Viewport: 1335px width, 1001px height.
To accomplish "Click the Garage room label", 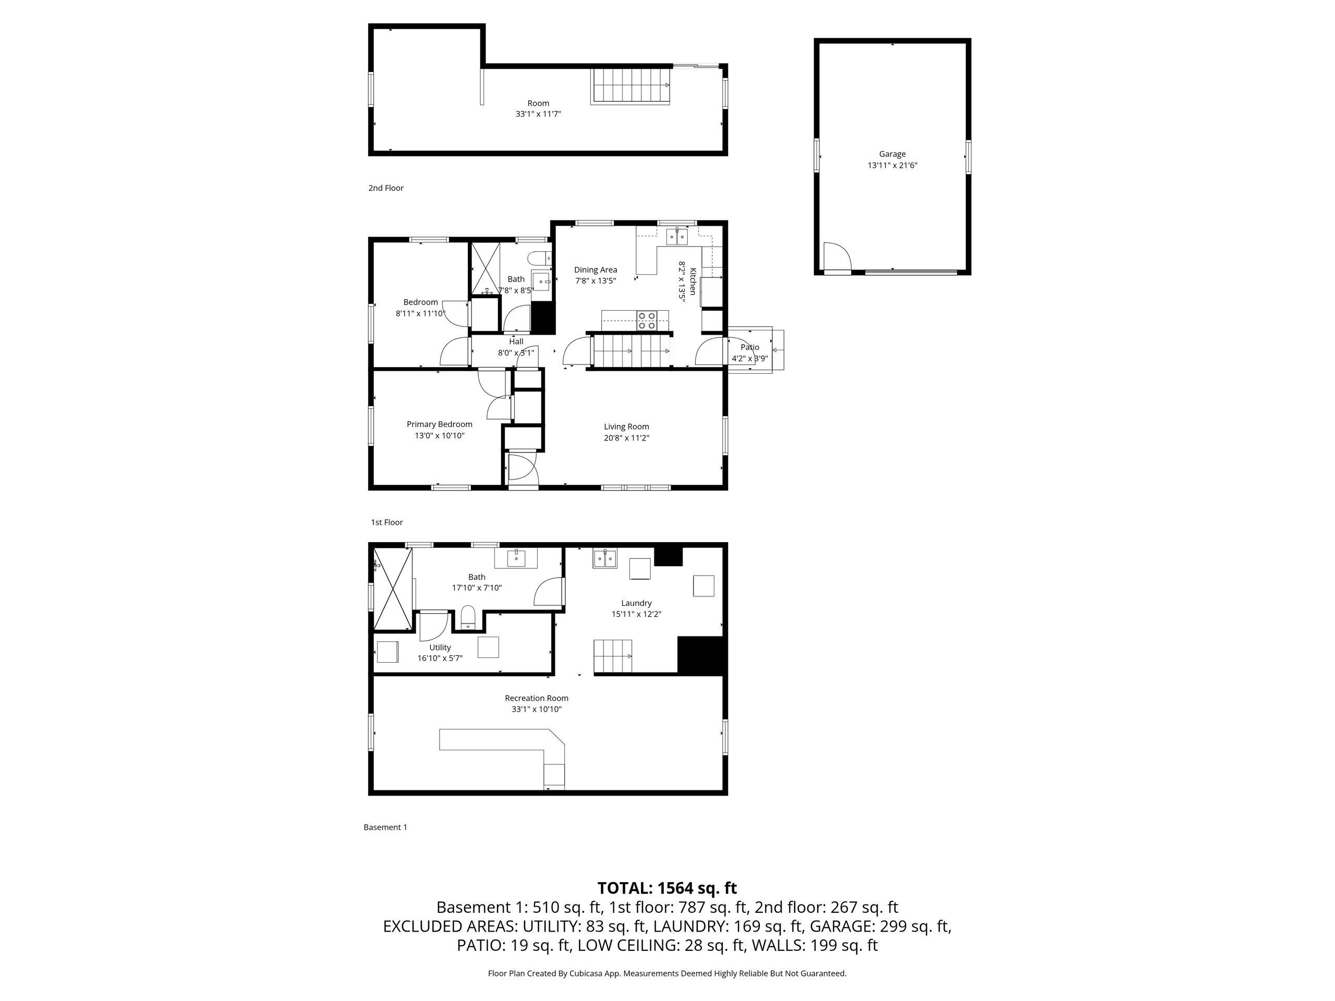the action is (892, 154).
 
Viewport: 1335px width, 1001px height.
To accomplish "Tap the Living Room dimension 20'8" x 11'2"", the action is (626, 438).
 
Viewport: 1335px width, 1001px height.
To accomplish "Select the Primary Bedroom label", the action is (440, 424).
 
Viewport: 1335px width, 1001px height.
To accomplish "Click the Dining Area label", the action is (596, 270).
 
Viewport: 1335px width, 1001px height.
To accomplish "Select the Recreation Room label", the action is (537, 698).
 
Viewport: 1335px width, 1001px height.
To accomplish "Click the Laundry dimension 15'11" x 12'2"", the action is (636, 614).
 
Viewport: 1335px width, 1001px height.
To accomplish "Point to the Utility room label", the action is (440, 648).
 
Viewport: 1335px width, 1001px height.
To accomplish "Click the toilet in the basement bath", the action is (469, 618).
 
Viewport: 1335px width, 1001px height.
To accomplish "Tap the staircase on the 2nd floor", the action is (630, 86).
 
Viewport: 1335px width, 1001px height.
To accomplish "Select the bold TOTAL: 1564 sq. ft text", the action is (667, 888).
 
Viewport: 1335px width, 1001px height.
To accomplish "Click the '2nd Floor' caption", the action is (386, 188).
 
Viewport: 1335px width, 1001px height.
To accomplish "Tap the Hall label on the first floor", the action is (516, 341).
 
